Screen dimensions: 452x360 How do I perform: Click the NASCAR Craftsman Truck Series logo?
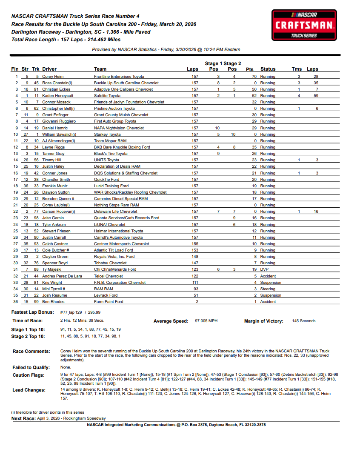304,26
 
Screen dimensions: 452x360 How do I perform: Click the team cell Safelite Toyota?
107,96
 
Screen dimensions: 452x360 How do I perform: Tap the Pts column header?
249,69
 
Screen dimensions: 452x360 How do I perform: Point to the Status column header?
268,69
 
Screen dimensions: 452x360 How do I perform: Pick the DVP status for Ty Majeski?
264,269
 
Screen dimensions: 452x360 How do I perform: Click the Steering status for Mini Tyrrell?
268,289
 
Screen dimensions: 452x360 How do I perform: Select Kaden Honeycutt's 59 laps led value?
315,96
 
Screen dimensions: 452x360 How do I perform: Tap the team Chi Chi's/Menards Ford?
115,269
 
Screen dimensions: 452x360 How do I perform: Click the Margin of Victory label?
263,321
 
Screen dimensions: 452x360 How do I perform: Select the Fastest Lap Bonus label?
32,312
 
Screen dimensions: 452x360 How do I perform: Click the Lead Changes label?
29,390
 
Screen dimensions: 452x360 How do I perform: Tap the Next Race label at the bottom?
23,419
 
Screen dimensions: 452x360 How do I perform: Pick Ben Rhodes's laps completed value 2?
197,302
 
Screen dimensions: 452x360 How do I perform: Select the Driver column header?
49,69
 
